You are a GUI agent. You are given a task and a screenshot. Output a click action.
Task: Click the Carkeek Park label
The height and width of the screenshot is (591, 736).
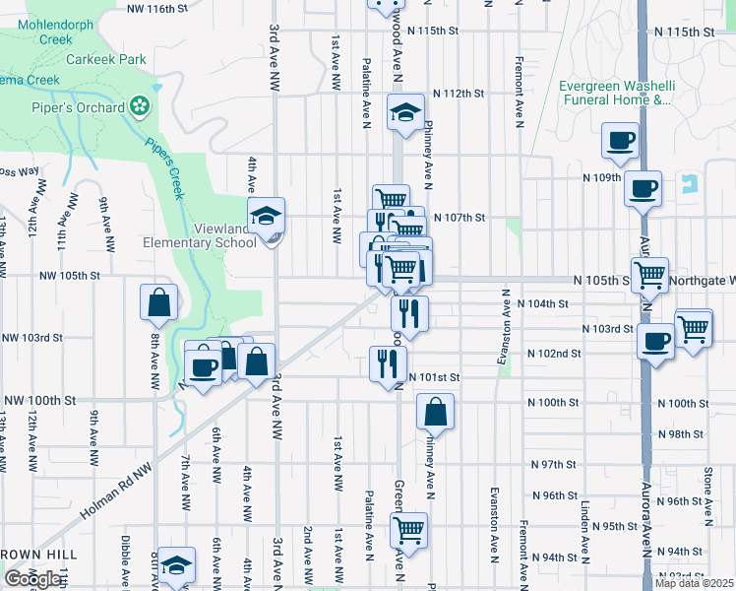point(106,59)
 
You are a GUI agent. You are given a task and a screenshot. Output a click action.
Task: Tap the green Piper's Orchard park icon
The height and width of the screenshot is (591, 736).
point(140,106)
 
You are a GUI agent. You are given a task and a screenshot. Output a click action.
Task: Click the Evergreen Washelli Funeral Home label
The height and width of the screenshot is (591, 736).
point(615,93)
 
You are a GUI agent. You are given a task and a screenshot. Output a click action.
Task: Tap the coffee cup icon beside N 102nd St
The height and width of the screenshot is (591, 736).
point(655,342)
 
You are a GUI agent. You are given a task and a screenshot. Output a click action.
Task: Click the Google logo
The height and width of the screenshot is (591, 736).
point(32,579)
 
